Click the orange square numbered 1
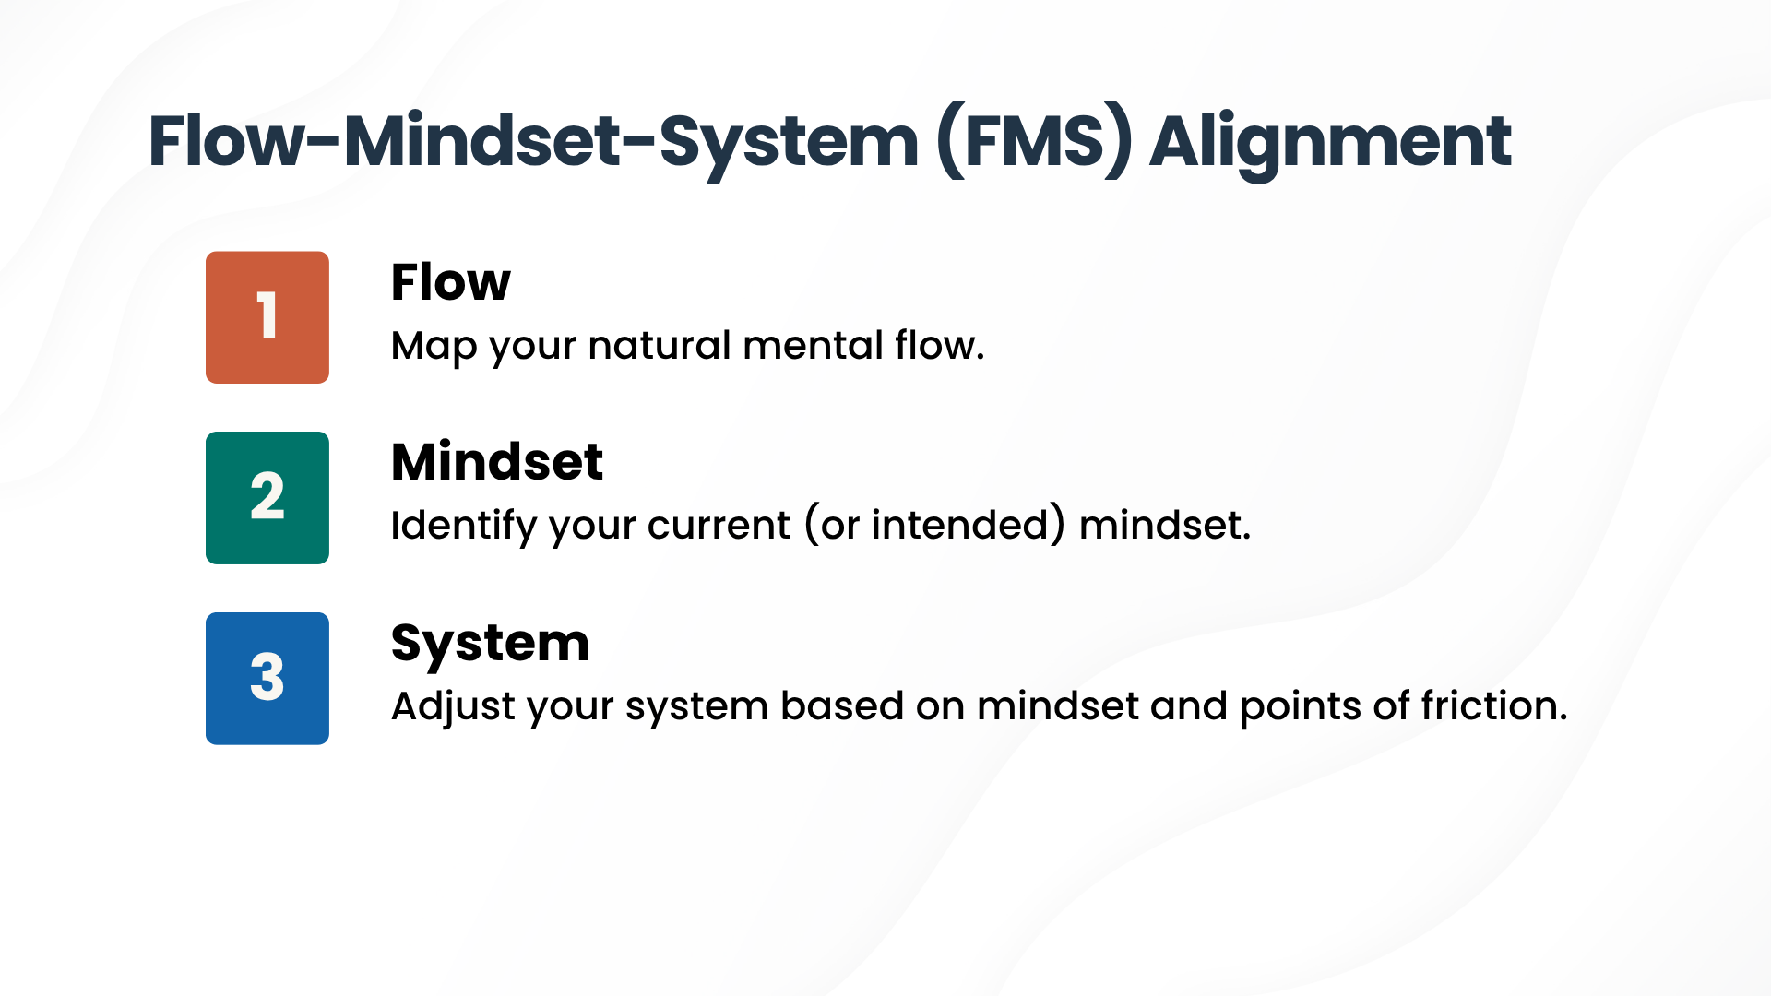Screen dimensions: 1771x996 point(267,317)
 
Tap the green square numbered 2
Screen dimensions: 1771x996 point(267,498)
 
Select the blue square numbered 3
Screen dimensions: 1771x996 point(267,679)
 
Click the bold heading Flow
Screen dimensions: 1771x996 point(450,282)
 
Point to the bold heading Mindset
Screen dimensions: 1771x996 point(497,462)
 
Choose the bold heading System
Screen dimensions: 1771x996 point(490,644)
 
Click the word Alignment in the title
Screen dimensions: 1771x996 point(1330,142)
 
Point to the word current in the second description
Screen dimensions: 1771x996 point(719,527)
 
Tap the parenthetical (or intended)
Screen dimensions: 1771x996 point(934,526)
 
